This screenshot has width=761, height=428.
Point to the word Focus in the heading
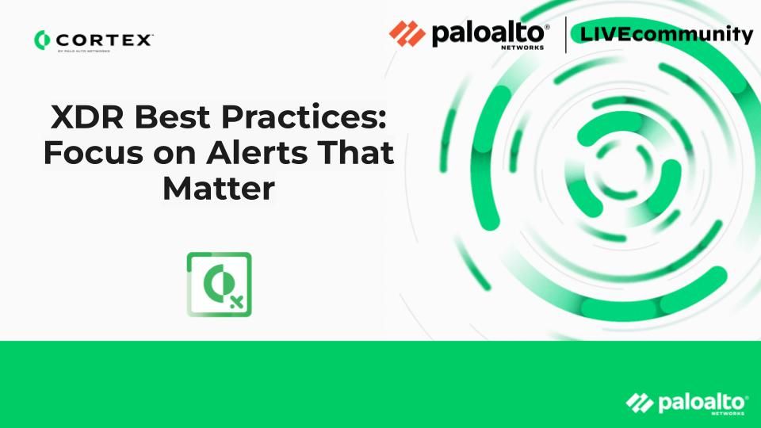click(94, 153)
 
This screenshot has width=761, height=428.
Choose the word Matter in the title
click(219, 189)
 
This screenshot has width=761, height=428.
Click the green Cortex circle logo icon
click(42, 40)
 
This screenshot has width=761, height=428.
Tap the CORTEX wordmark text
click(105, 40)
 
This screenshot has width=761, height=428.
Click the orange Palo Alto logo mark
click(407, 33)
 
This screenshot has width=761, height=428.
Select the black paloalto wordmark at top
click(490, 33)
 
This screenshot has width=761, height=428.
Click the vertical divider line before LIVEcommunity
click(565, 34)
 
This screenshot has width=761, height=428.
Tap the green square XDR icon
click(220, 285)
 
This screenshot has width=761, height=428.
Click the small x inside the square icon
click(237, 302)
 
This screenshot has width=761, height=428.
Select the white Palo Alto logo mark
click(640, 403)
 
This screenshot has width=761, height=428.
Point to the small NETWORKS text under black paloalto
click(522, 48)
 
